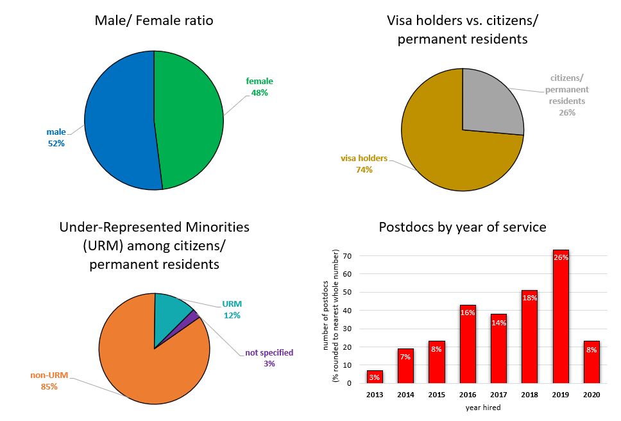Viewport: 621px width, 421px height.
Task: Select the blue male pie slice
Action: point(119,122)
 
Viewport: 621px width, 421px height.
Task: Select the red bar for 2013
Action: point(375,377)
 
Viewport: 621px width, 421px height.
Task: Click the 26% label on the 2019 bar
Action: point(560,257)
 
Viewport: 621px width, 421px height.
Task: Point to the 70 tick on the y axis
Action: point(346,256)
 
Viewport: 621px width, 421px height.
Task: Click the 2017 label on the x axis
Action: point(498,395)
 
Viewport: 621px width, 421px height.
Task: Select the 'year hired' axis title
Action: point(482,407)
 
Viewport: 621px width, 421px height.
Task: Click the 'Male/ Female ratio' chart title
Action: point(154,21)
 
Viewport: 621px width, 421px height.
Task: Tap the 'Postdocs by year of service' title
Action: point(463,227)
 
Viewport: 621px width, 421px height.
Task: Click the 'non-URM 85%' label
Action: point(49,381)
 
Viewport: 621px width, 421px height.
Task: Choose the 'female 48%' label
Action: point(259,87)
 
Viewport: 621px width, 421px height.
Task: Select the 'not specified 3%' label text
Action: point(269,357)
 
